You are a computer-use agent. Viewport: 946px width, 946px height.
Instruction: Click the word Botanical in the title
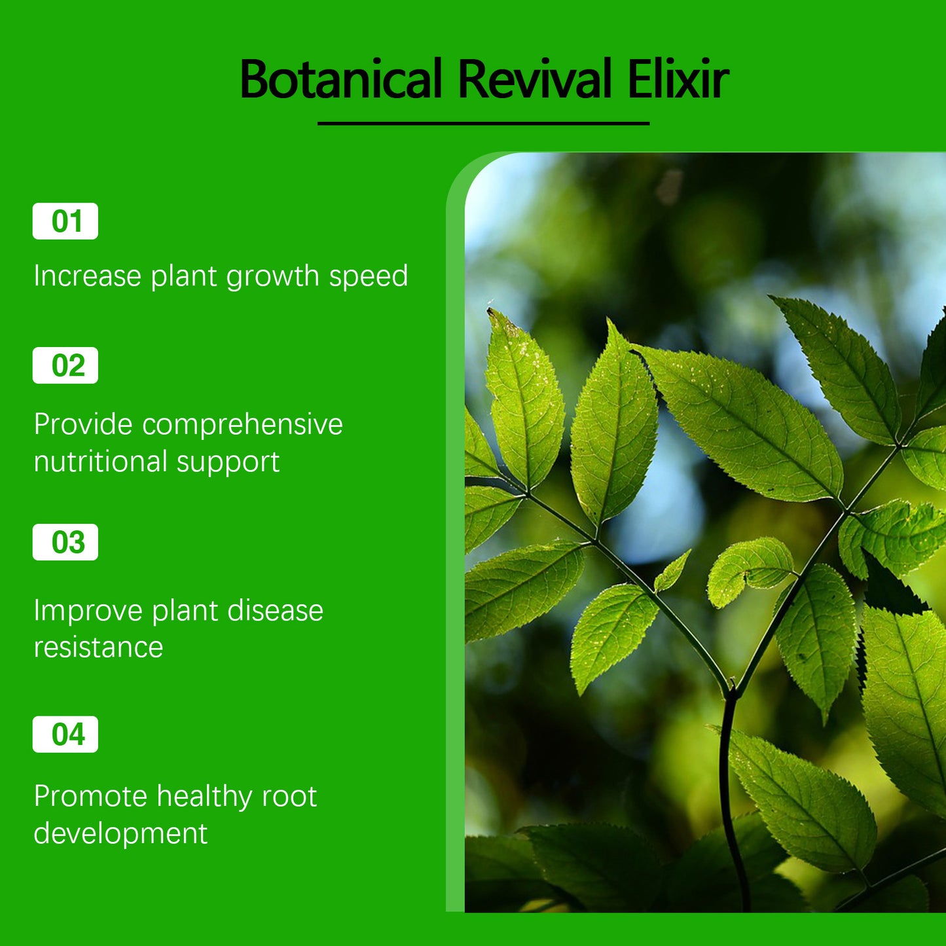point(341,79)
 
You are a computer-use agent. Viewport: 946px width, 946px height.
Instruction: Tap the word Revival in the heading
point(534,79)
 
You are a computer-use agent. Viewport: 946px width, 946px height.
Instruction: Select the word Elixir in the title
point(678,79)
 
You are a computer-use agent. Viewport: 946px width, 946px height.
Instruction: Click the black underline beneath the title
point(483,123)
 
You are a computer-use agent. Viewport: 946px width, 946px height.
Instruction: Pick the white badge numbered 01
point(65,221)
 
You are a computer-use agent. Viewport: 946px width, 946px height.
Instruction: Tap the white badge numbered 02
point(65,365)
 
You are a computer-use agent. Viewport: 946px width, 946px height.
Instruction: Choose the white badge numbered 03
point(65,542)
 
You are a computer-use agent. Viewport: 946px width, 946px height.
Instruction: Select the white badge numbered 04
point(65,734)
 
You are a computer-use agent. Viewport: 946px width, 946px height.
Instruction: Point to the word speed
point(368,277)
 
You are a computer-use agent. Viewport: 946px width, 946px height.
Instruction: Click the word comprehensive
point(242,425)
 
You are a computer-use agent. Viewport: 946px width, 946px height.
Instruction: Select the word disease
point(275,611)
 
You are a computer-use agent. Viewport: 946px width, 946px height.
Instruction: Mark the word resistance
point(98,647)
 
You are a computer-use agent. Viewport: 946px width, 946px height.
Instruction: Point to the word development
point(120,834)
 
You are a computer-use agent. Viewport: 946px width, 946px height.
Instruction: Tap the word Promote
point(90,797)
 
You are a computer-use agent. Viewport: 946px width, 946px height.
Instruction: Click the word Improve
point(88,611)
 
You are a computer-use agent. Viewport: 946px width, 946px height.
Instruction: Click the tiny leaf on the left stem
point(672,572)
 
